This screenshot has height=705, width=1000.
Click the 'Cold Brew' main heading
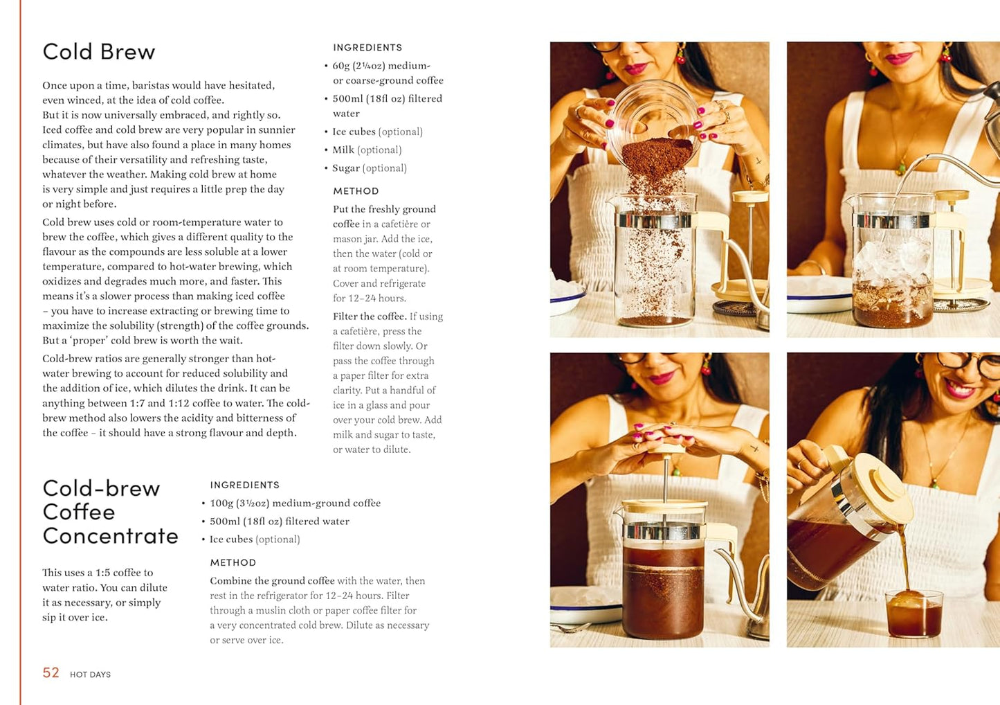tap(99, 52)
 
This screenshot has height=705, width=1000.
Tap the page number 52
tap(51, 672)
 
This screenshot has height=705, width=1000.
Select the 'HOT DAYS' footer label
tap(90, 675)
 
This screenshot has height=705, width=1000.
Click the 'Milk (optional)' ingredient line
tap(367, 150)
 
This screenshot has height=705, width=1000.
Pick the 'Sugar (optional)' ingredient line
tap(369, 168)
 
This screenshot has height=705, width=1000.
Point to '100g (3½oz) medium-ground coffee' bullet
tap(295, 503)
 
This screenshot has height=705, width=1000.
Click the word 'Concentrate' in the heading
tap(110, 536)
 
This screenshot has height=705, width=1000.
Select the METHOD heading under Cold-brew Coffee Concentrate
tap(233, 562)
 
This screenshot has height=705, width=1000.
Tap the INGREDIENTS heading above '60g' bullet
tap(367, 47)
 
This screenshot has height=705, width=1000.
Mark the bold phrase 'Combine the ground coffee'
tap(272, 580)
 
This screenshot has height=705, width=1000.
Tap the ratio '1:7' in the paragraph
tap(137, 403)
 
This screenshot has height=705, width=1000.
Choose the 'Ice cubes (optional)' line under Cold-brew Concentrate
tap(255, 539)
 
